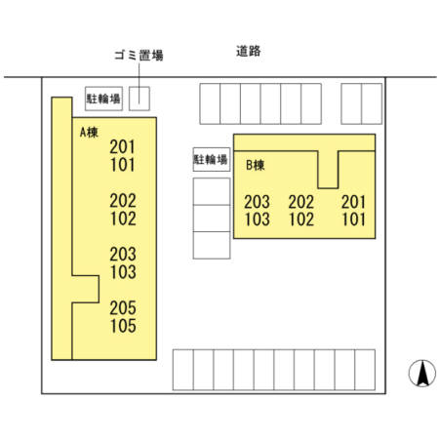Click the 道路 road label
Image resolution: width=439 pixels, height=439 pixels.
click(x=249, y=51)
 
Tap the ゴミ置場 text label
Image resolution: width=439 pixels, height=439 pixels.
click(x=139, y=56)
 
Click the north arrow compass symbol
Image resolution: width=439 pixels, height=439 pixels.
click(x=422, y=373)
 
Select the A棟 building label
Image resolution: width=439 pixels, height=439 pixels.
click(x=89, y=133)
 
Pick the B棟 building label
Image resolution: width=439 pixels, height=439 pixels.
click(x=256, y=165)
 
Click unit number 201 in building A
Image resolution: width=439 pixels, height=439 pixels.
click(x=122, y=147)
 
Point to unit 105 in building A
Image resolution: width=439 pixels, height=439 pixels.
click(x=123, y=326)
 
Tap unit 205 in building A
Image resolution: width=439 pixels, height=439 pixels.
click(x=123, y=307)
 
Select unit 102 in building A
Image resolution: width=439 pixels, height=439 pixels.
click(x=123, y=219)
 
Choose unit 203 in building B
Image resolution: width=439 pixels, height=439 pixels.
click(x=257, y=202)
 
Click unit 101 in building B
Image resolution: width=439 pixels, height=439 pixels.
click(x=353, y=219)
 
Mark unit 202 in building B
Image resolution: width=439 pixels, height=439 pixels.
click(x=301, y=202)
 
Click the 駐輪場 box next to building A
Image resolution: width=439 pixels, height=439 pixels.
click(x=103, y=99)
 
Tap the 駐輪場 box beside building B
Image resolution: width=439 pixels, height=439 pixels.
click(x=212, y=159)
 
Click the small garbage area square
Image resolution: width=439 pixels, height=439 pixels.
click(x=140, y=99)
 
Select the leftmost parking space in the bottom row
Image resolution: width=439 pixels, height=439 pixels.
click(x=183, y=370)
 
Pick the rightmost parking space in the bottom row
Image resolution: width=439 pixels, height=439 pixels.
click(x=365, y=370)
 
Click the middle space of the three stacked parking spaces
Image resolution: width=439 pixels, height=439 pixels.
click(x=212, y=219)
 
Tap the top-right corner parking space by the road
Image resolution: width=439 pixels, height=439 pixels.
click(x=372, y=103)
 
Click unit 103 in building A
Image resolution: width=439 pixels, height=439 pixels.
click(x=123, y=272)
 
